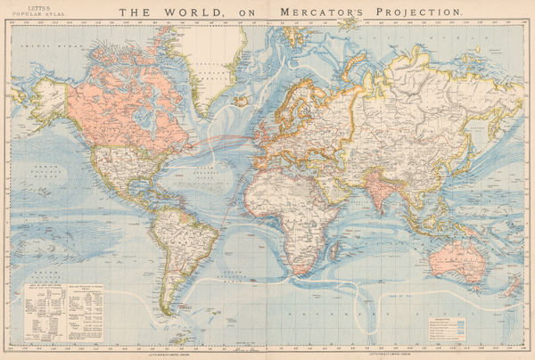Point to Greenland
[x=214, y=53]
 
